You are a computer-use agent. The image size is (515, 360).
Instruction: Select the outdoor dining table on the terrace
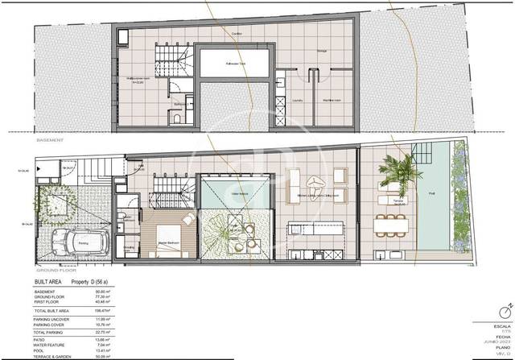point(392,216)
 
